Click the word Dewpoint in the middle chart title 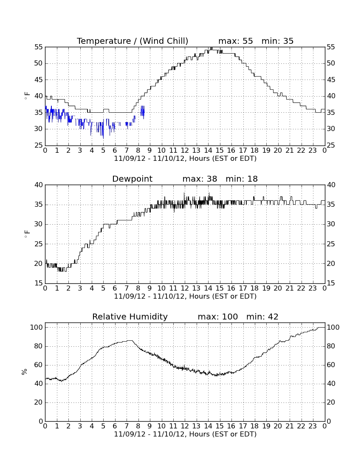(x=132, y=179)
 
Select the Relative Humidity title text (x=130, y=317)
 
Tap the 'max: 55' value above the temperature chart (x=236, y=41)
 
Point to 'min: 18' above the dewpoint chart (x=242, y=179)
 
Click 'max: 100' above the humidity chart (x=218, y=317)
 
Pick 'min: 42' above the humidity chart (x=262, y=317)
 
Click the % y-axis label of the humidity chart (x=25, y=371)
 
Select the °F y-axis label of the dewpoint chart (x=27, y=234)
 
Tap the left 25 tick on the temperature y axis (x=38, y=146)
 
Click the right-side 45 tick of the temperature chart (x=331, y=80)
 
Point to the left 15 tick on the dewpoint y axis (x=38, y=283)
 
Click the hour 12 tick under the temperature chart (x=185, y=151)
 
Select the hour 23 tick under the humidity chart (x=313, y=426)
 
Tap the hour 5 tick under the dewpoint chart (x=103, y=288)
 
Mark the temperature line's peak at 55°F (x=211, y=48)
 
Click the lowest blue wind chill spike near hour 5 (x=103, y=138)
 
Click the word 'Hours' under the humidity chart (x=200, y=434)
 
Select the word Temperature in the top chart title (x=104, y=41)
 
